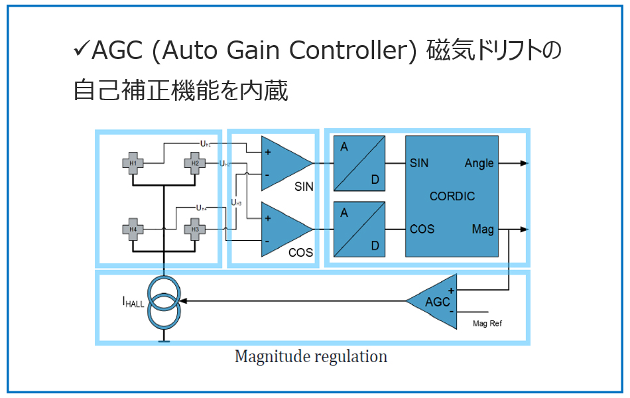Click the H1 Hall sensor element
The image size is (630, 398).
click(133, 163)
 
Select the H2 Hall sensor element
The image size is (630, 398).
click(195, 163)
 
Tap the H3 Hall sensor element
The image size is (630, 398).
click(195, 230)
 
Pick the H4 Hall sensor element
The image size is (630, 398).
click(133, 230)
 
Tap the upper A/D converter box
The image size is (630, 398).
click(359, 163)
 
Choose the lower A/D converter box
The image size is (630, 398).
click(359, 229)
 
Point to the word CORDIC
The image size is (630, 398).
click(452, 196)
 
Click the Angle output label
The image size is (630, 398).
click(479, 163)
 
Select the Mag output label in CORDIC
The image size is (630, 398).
click(482, 229)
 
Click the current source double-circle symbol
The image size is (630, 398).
click(163, 302)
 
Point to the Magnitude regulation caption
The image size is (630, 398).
click(310, 357)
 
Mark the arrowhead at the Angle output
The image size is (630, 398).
click(524, 163)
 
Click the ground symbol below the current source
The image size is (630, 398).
click(163, 340)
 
